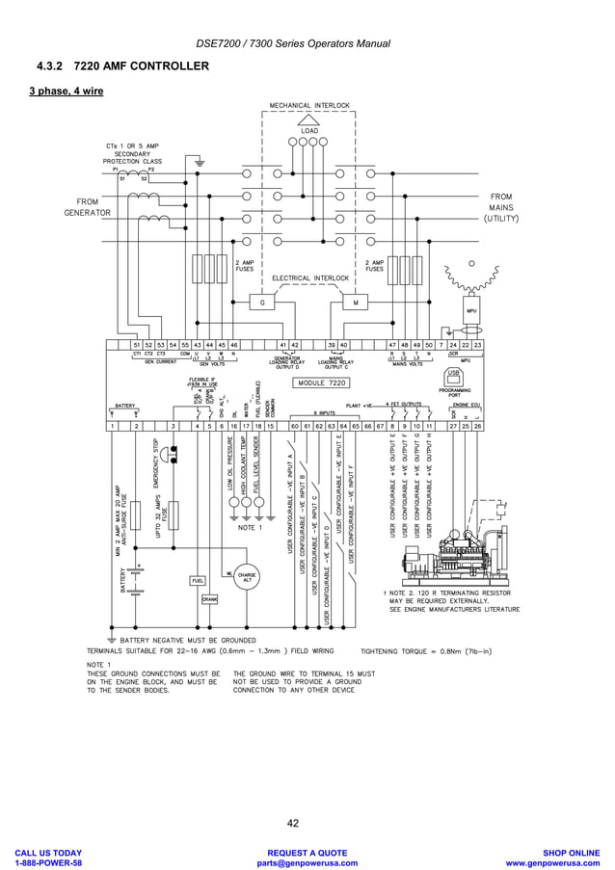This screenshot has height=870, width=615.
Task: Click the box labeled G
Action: click(x=262, y=303)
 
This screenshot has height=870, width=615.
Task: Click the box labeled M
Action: click(x=355, y=303)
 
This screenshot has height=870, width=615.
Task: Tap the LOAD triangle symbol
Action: click(x=308, y=120)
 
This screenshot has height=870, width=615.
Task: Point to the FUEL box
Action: click(x=197, y=581)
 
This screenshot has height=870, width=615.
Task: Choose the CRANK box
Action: click(x=209, y=598)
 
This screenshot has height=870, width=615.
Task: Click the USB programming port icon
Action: click(x=453, y=374)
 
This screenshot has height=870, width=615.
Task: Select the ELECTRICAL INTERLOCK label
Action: click(x=309, y=278)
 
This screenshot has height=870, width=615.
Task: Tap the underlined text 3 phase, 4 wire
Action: click(x=66, y=92)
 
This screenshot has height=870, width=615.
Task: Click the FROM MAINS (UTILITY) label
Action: click(x=500, y=207)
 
